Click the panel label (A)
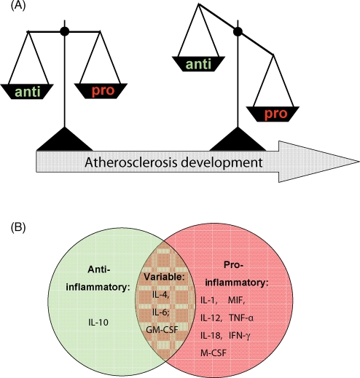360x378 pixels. (x=18, y=6)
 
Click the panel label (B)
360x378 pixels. (x=18, y=227)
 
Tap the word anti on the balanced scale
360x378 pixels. (x=28, y=92)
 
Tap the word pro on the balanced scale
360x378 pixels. (x=103, y=91)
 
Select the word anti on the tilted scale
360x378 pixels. (x=198, y=64)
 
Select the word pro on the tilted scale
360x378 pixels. (x=276, y=114)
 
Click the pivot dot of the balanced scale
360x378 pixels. (x=65, y=31)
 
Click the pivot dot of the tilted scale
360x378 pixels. (x=238, y=31)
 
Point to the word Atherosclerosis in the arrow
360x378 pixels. (x=130, y=162)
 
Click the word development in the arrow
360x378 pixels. (x=222, y=162)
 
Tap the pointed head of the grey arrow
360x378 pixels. (x=359, y=162)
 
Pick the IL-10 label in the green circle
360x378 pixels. (x=98, y=323)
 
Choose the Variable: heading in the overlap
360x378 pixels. (x=165, y=277)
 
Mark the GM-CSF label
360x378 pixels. (x=162, y=330)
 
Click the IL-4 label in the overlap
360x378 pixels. (x=160, y=295)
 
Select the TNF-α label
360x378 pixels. (x=241, y=318)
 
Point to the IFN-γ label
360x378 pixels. (x=240, y=336)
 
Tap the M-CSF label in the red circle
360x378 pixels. (x=214, y=353)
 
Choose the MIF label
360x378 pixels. (x=237, y=301)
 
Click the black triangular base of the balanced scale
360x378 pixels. (x=65, y=139)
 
